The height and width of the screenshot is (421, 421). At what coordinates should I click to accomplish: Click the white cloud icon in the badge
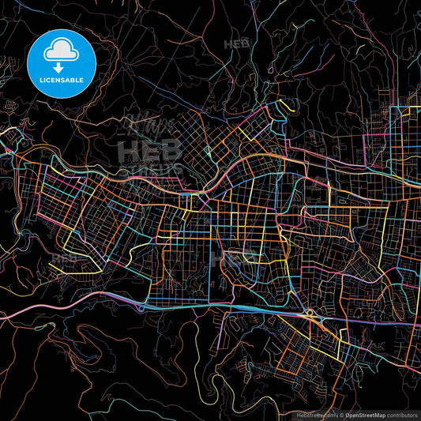pos(61,51)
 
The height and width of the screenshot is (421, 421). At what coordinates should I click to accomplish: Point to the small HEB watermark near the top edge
pos(236,44)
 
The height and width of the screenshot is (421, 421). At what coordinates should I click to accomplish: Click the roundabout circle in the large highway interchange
pos(310,314)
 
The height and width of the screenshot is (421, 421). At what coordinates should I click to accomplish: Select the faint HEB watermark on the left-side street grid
pos(65,257)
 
